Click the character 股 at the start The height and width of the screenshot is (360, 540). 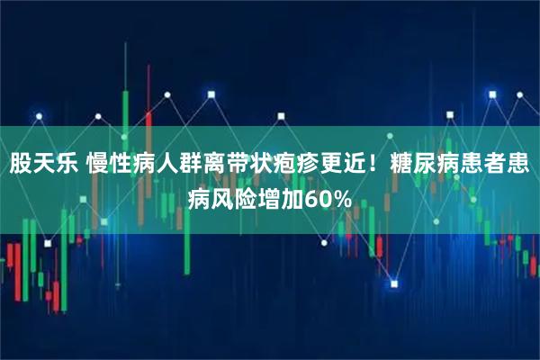coord(22,166)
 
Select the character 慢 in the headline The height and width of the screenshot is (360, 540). coord(100,166)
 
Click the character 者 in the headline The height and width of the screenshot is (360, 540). coord(497,166)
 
